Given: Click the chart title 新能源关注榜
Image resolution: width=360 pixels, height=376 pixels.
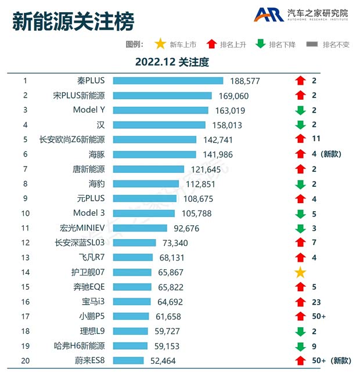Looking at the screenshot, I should pos(73,21).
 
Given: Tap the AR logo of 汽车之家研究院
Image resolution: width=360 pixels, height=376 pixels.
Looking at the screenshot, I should pos(269,15).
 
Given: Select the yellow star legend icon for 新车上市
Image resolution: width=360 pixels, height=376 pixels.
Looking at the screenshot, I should pos(160,44).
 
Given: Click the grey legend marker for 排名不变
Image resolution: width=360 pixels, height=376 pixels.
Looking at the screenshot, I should pos(312,44).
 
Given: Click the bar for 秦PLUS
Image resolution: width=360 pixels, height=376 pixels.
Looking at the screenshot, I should pos(168,81).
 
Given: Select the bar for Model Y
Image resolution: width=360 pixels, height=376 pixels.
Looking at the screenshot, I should pos(160,110).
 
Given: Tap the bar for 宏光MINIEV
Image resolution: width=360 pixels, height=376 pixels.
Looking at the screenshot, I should pos(140,228).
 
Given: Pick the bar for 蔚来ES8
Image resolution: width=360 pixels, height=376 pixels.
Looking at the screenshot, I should pos(128,361).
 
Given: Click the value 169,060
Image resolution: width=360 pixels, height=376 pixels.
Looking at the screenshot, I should pos(234,96).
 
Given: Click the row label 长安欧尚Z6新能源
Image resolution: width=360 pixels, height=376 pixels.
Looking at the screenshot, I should pos(72,139).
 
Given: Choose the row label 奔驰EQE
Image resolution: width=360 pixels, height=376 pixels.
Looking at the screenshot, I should pos(88,287).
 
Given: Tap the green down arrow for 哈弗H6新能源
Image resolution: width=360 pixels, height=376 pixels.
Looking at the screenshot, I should pos(300,346).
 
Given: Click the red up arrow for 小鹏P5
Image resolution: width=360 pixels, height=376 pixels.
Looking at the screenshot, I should pos(300,317).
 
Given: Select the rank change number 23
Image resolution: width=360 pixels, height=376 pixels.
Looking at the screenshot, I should pos(316,302).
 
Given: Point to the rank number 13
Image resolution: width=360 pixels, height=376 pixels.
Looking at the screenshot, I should pos(25,258).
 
